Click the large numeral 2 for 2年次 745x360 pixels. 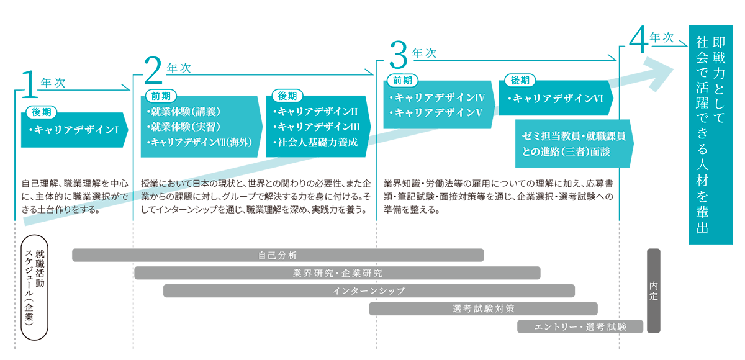click(x=153, y=70)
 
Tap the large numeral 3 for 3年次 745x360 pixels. click(x=399, y=56)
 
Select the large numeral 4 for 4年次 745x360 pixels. click(x=638, y=41)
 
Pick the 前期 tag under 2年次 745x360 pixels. click(x=161, y=96)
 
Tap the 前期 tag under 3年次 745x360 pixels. click(x=403, y=80)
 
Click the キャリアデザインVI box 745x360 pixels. click(x=556, y=98)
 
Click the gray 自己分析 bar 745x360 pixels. click(x=278, y=255)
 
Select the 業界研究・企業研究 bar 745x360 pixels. click(x=337, y=272)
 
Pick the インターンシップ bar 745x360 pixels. click(x=369, y=290)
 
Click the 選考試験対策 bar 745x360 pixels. click(x=483, y=308)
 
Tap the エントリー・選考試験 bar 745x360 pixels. click(x=580, y=326)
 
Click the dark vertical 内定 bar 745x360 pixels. click(x=653, y=290)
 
